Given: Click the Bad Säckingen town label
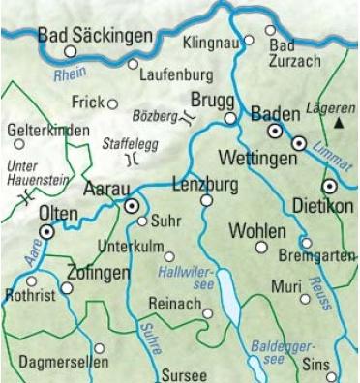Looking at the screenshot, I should pos(95,36).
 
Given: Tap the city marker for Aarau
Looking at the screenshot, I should pos(133,205).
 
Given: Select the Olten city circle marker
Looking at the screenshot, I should pos(45,231).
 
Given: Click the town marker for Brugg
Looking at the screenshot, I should pos(229,118).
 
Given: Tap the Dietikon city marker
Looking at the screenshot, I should pos(329,186).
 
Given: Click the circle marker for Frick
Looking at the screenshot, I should pos(112,103).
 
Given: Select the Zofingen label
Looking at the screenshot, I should pos(99,273).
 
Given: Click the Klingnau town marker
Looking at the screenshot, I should pos(248,41).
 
